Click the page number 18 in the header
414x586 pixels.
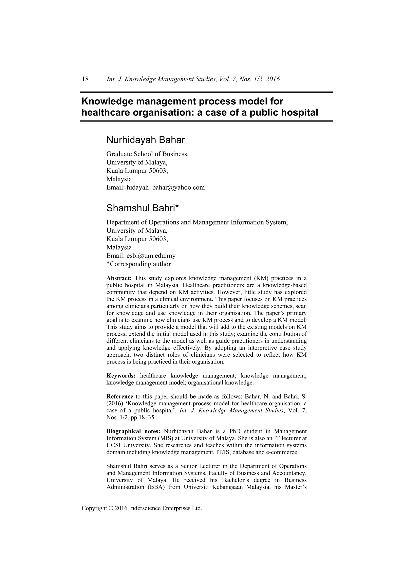click(x=85, y=79)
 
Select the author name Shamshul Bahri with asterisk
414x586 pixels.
click(x=143, y=208)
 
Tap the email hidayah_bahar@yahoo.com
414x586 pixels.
click(x=166, y=188)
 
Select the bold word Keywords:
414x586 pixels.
click(x=121, y=376)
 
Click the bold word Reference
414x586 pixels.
click(x=120, y=397)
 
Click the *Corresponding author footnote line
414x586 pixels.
click(x=138, y=264)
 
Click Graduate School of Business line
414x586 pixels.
click(x=147, y=154)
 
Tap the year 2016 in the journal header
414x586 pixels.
click(x=272, y=79)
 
